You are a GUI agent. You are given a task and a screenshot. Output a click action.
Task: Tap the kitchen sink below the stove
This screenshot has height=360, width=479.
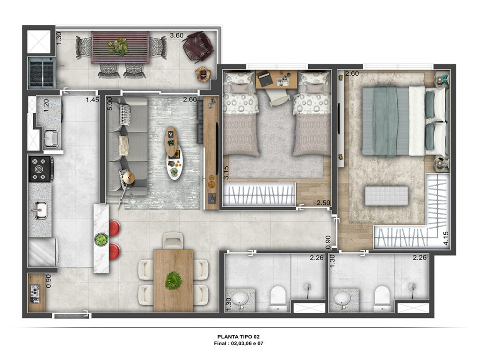(x=39, y=210)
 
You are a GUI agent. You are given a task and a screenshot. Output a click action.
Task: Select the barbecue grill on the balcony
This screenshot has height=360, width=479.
(x=42, y=72)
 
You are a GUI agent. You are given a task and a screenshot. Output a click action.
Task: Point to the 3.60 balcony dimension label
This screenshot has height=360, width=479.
(x=176, y=36)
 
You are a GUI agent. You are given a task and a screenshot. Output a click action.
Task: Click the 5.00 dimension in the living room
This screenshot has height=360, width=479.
(x=110, y=104)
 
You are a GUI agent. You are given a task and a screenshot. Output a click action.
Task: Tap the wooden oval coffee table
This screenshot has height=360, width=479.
(x=171, y=141)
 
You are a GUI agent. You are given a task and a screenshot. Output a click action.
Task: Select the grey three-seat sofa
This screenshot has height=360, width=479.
(x=128, y=146)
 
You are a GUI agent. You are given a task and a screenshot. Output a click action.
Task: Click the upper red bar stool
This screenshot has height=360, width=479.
(x=114, y=228)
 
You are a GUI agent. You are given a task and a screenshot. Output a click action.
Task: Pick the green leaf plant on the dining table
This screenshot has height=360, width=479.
(x=174, y=281)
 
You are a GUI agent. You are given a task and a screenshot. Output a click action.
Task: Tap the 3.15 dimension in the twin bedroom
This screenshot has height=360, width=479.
(x=226, y=173)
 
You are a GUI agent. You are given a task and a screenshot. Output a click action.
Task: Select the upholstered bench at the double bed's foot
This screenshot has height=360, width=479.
(x=386, y=196)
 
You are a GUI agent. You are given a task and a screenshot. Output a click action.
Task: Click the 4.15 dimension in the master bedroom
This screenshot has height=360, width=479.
(x=446, y=238)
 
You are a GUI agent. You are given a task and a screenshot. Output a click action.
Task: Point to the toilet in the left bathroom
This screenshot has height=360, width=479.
(x=278, y=299)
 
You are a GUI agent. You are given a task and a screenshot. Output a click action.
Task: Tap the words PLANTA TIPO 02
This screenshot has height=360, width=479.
(x=239, y=337)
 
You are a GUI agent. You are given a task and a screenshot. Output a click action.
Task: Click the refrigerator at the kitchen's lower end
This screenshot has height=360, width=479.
(x=43, y=252)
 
